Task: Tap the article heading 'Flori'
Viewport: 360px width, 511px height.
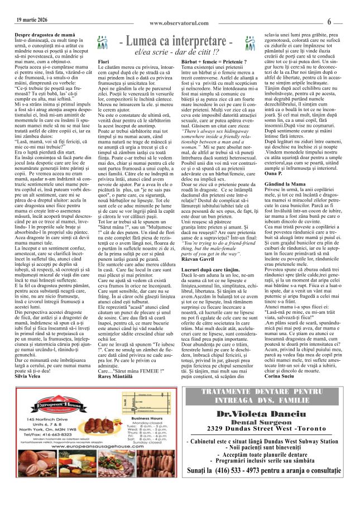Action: [x=103, y=61]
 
